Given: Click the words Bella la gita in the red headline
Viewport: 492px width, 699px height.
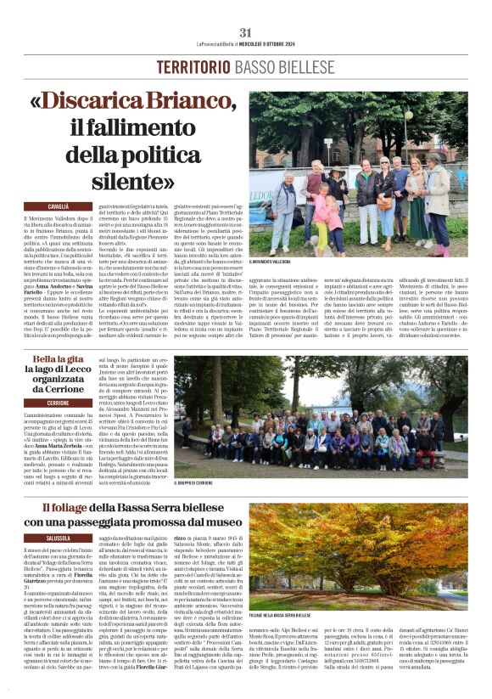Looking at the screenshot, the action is (x=64, y=359).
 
